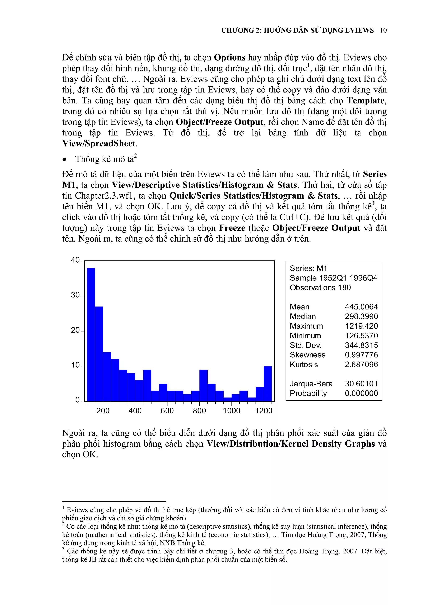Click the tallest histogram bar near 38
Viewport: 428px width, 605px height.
point(91,335)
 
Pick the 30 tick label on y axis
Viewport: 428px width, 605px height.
point(75,295)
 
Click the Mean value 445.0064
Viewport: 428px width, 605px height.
point(361,307)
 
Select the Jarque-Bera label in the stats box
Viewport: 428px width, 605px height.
point(311,384)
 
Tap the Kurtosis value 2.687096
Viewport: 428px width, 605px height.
point(361,365)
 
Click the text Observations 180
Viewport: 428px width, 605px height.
point(320,287)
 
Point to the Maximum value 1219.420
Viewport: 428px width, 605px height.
point(361,326)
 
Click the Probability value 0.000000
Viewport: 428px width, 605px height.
point(361,393)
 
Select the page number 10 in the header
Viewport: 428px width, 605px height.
point(383,30)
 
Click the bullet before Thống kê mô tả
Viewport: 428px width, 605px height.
point(64,160)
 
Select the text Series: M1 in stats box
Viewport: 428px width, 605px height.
point(308,268)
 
